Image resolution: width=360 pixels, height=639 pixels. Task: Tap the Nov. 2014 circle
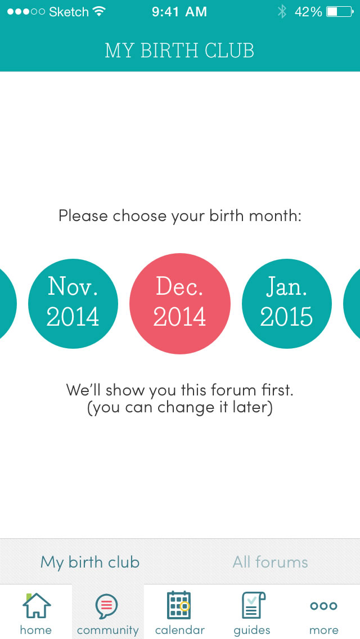click(x=73, y=303)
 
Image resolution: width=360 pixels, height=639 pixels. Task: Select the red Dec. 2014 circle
click(x=180, y=304)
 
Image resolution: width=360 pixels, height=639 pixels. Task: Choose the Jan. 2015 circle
click(x=287, y=303)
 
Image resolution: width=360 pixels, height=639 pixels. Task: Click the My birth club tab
click(x=89, y=562)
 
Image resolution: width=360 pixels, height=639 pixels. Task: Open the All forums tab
click(x=270, y=562)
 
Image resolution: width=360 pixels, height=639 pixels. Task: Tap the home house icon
click(x=37, y=605)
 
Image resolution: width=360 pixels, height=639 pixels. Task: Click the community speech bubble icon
click(x=107, y=606)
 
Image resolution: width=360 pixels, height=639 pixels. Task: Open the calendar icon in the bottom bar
click(x=179, y=605)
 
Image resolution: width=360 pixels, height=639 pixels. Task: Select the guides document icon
click(x=253, y=605)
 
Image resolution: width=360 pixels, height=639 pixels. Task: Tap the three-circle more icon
click(x=323, y=606)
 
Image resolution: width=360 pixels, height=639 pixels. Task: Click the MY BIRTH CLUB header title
click(x=179, y=51)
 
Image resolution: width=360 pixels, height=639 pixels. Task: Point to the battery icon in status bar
click(x=340, y=12)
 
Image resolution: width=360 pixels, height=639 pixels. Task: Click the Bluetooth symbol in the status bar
click(x=282, y=12)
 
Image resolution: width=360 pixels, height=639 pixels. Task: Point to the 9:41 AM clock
click(x=179, y=12)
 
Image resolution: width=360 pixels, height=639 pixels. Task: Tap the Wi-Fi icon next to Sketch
click(x=99, y=12)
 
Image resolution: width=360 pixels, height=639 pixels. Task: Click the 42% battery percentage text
click(x=308, y=12)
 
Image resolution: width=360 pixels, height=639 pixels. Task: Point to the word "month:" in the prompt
click(x=275, y=215)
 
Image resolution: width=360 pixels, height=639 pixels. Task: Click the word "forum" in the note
click(x=229, y=390)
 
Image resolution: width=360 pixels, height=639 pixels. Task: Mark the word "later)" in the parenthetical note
click(x=253, y=407)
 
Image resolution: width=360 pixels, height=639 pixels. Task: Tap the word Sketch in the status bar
click(x=69, y=12)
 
